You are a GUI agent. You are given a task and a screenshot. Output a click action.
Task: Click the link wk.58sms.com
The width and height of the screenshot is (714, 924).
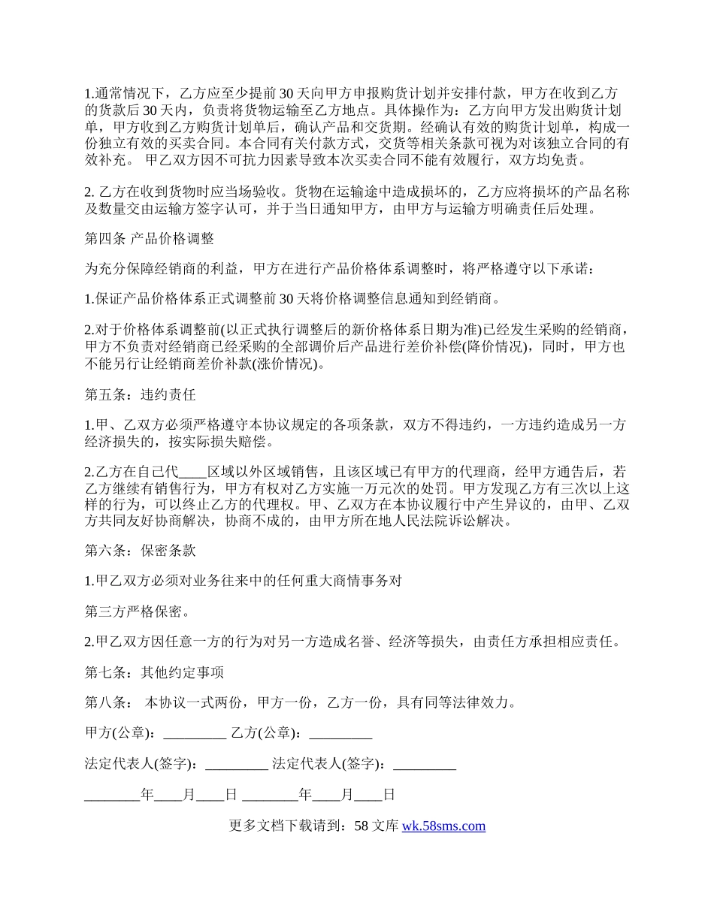pyautogui.click(x=443, y=826)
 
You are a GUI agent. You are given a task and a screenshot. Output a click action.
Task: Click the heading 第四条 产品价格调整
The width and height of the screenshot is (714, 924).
pyautogui.click(x=150, y=239)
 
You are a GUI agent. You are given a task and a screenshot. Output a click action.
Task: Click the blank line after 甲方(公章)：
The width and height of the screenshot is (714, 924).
pyautogui.click(x=194, y=733)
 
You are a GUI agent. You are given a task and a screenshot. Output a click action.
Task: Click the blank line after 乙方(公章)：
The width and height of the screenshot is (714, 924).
pyautogui.click(x=340, y=733)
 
